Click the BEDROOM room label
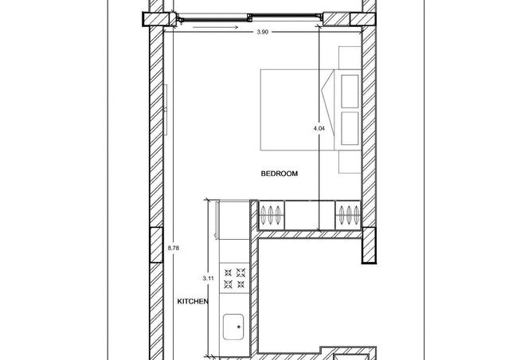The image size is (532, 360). [280, 174]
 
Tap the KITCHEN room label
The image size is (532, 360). [193, 301]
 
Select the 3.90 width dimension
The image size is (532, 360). [263, 32]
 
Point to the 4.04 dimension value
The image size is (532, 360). [319, 128]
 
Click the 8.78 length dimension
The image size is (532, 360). [174, 248]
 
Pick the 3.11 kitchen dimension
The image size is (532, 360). [209, 278]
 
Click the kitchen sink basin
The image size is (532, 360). [233, 327]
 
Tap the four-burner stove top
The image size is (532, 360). [234, 278]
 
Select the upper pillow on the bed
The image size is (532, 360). [350, 92]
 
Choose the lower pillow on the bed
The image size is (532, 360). [350, 128]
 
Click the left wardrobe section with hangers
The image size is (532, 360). [272, 215]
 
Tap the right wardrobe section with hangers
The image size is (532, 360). [348, 215]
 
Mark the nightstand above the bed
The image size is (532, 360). [350, 58]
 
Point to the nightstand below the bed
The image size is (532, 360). [350, 162]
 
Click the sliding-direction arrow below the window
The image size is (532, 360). [215, 28]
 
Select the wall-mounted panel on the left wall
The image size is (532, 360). [166, 110]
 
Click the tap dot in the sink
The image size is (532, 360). [239, 327]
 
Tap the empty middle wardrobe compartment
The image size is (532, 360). [310, 215]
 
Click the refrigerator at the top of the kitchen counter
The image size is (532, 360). [234, 220]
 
